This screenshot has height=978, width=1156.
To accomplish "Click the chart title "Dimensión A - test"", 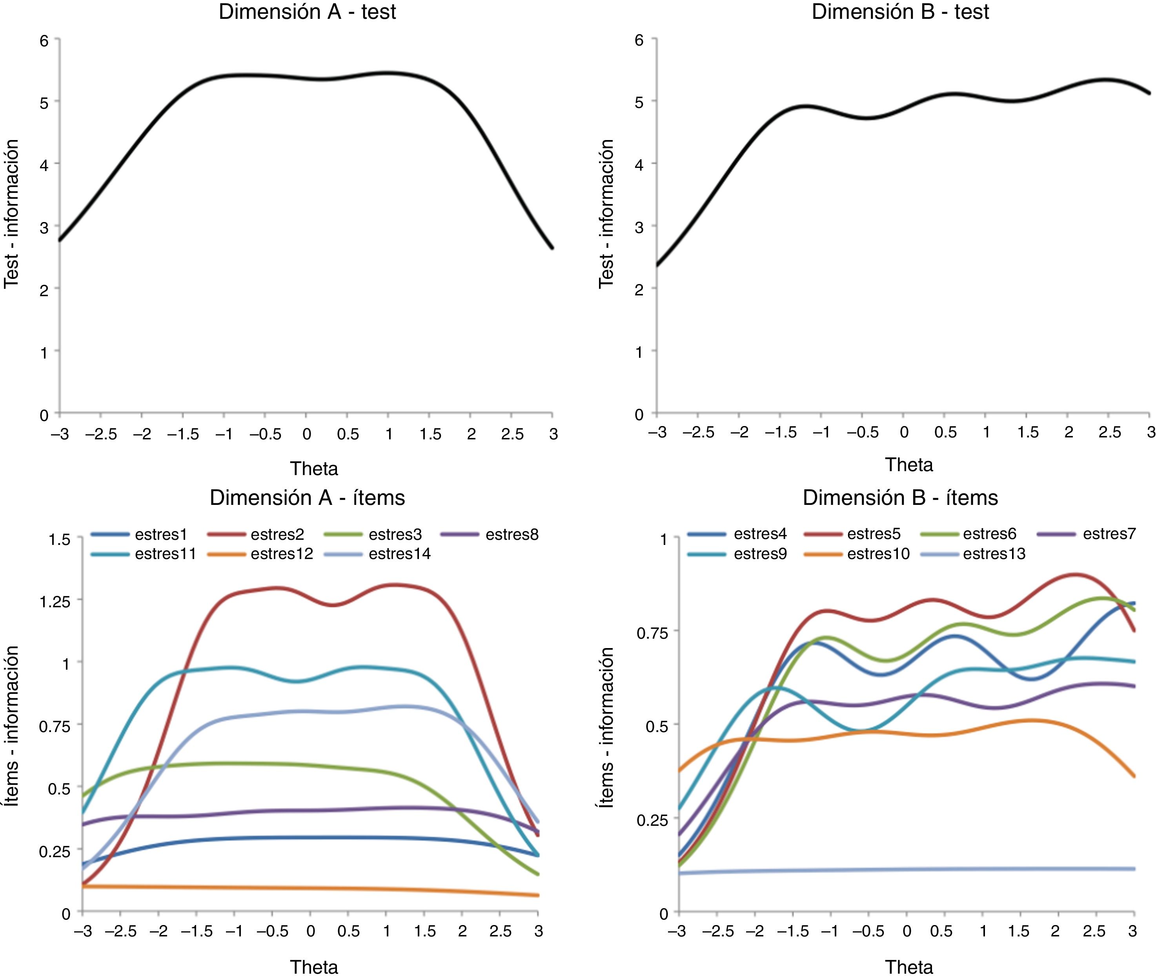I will coord(307,12).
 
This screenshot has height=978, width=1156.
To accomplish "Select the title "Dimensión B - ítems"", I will coord(900,498).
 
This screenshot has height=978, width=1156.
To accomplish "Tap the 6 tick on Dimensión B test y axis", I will coord(639,40).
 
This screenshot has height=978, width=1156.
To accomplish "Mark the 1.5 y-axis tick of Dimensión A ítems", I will coord(59,539).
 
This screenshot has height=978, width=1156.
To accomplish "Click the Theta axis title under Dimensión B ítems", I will coord(909,967).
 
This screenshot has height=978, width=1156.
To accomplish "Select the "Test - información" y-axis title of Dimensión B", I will coord(606,213).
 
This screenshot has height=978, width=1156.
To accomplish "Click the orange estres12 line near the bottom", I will coord(311,888).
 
